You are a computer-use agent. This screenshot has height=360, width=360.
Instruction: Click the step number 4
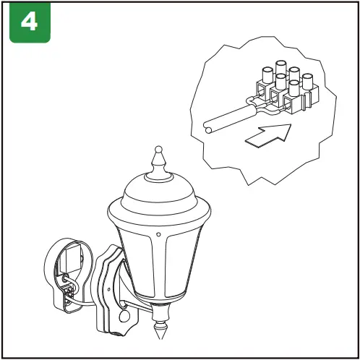pos(30,22)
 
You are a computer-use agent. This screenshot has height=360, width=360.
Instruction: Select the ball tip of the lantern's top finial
pos(158,153)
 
